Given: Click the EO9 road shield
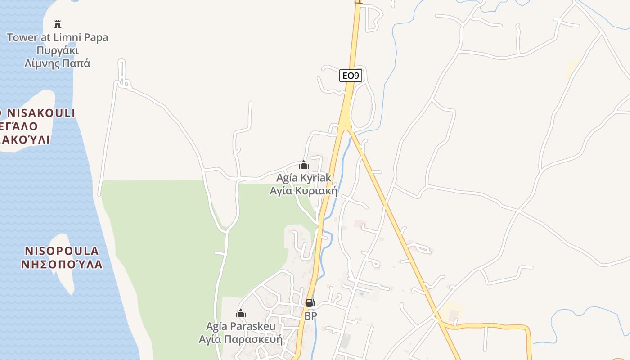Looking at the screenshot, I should pos(351,76).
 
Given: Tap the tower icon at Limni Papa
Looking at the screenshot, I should pos(58,24).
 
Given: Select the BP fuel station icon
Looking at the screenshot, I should pos(310,303).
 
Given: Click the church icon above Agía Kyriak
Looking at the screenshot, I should pos(304,165).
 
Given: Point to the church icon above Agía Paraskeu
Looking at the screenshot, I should pos(241,313).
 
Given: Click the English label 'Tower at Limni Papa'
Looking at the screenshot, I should pos(58,37).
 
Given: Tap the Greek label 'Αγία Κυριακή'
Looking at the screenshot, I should pos(303,191).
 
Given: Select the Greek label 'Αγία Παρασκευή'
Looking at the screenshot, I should pos(241,339).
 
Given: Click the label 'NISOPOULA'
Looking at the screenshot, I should pos(62,251).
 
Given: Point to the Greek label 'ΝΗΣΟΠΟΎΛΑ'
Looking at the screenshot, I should pos(62,264).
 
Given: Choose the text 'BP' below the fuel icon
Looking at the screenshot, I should pos(310,316).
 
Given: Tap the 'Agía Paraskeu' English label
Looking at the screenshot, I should pos(241,326).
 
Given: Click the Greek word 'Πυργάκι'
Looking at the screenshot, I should pos(58,50).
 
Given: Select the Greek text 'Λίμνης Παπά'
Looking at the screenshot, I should pos(58,63).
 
